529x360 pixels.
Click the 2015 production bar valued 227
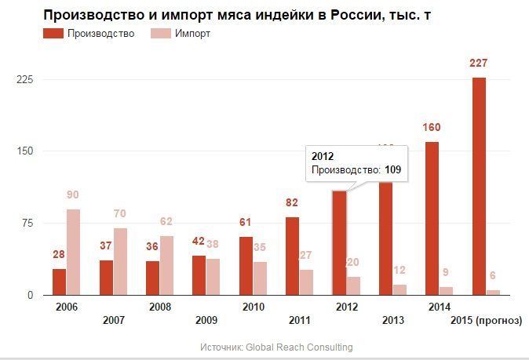(x=479, y=186)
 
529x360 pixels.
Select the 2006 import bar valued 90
(x=73, y=252)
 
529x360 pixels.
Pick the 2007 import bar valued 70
(x=120, y=261)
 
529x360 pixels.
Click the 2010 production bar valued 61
(x=246, y=266)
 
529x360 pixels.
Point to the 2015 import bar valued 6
(x=493, y=293)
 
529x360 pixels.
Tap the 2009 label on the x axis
(x=206, y=320)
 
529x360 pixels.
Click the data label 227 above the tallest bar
(x=479, y=64)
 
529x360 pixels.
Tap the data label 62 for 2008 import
(x=166, y=222)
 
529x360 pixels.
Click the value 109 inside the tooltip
(x=392, y=169)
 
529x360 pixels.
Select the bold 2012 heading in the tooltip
(x=323, y=155)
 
